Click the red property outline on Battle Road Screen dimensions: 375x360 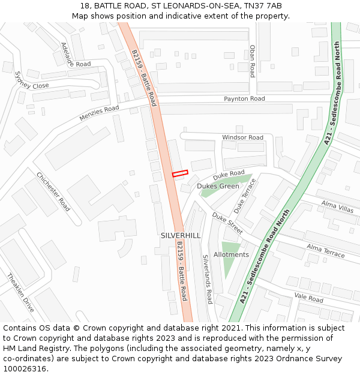[x=180, y=173]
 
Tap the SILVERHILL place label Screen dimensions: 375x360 [x=181, y=236]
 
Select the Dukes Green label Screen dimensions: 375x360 [x=218, y=186]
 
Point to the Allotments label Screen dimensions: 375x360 [x=231, y=254]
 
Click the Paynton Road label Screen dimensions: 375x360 [x=244, y=98]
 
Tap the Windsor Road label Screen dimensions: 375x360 [x=242, y=137]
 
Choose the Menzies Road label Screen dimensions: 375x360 [x=99, y=113]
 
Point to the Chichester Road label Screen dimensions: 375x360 [x=53, y=191]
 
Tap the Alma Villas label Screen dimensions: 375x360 [x=337, y=206]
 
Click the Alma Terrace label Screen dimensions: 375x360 [x=326, y=251]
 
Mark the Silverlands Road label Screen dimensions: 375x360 [x=207, y=279]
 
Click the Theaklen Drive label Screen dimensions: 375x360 [x=20, y=292]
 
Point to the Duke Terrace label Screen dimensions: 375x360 [x=245, y=196]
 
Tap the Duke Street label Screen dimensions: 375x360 [x=227, y=224]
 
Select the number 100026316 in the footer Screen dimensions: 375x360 [x=24, y=369]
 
